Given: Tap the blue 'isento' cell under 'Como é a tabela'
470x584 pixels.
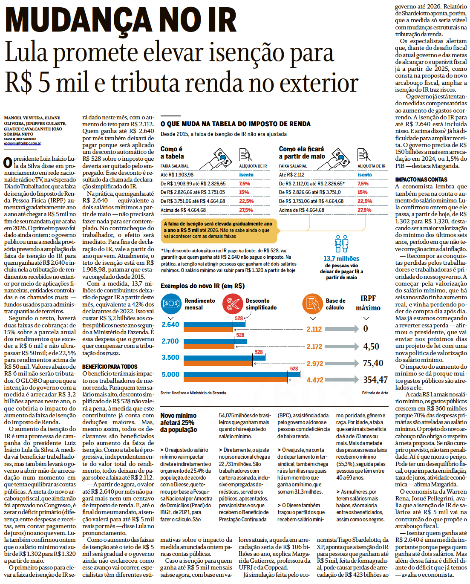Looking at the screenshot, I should point(246,175).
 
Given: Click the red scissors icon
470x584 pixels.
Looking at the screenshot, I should point(232,304).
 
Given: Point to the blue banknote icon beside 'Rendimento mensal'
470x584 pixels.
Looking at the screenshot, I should point(171,304).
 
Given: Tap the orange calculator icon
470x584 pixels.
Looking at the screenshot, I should point(312,304).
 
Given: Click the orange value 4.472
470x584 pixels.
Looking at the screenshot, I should point(314,380).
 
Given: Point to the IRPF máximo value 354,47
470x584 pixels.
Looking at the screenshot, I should point(375,380).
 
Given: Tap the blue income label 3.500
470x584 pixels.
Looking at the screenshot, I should point(170,358).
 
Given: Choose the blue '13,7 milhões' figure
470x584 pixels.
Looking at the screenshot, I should point(341,259).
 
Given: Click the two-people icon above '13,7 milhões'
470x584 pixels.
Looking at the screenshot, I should point(341,244).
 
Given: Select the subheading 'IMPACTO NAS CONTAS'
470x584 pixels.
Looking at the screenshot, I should point(421,179).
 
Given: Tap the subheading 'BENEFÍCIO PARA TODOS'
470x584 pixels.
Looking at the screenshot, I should point(110,367).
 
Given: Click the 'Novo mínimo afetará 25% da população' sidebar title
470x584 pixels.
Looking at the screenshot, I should point(179,422).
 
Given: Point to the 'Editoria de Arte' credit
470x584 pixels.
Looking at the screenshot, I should point(375,393).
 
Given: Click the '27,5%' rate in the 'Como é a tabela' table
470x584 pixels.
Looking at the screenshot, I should point(246,210).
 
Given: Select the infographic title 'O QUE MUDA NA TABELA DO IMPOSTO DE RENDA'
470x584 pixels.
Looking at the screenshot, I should point(236,124).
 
